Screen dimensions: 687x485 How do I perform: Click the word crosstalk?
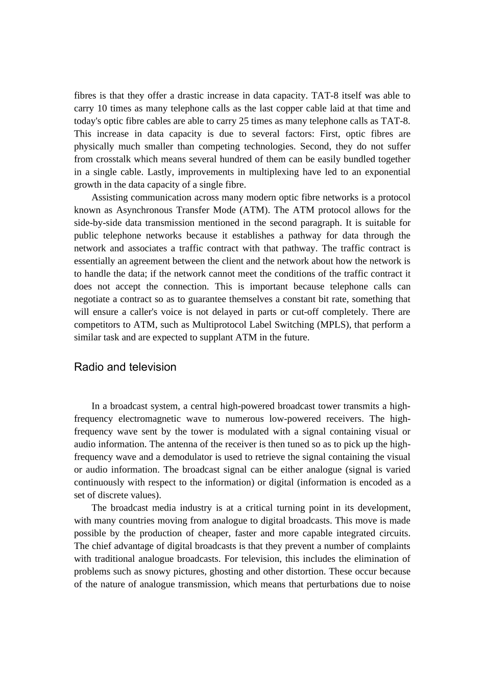coord(114,159)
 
